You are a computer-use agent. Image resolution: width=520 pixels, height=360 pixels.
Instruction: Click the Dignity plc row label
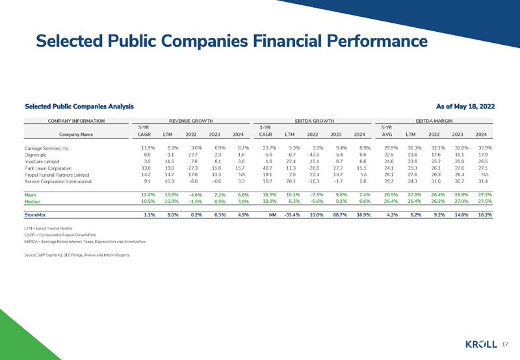[x=38, y=157]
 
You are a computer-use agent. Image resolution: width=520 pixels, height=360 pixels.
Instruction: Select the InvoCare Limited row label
[x=46, y=165]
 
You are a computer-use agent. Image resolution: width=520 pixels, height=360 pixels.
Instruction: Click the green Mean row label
[x=31, y=195]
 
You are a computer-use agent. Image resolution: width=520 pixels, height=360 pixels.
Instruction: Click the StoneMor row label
[x=36, y=214]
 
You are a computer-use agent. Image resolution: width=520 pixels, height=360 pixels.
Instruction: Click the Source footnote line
[x=77, y=255]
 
